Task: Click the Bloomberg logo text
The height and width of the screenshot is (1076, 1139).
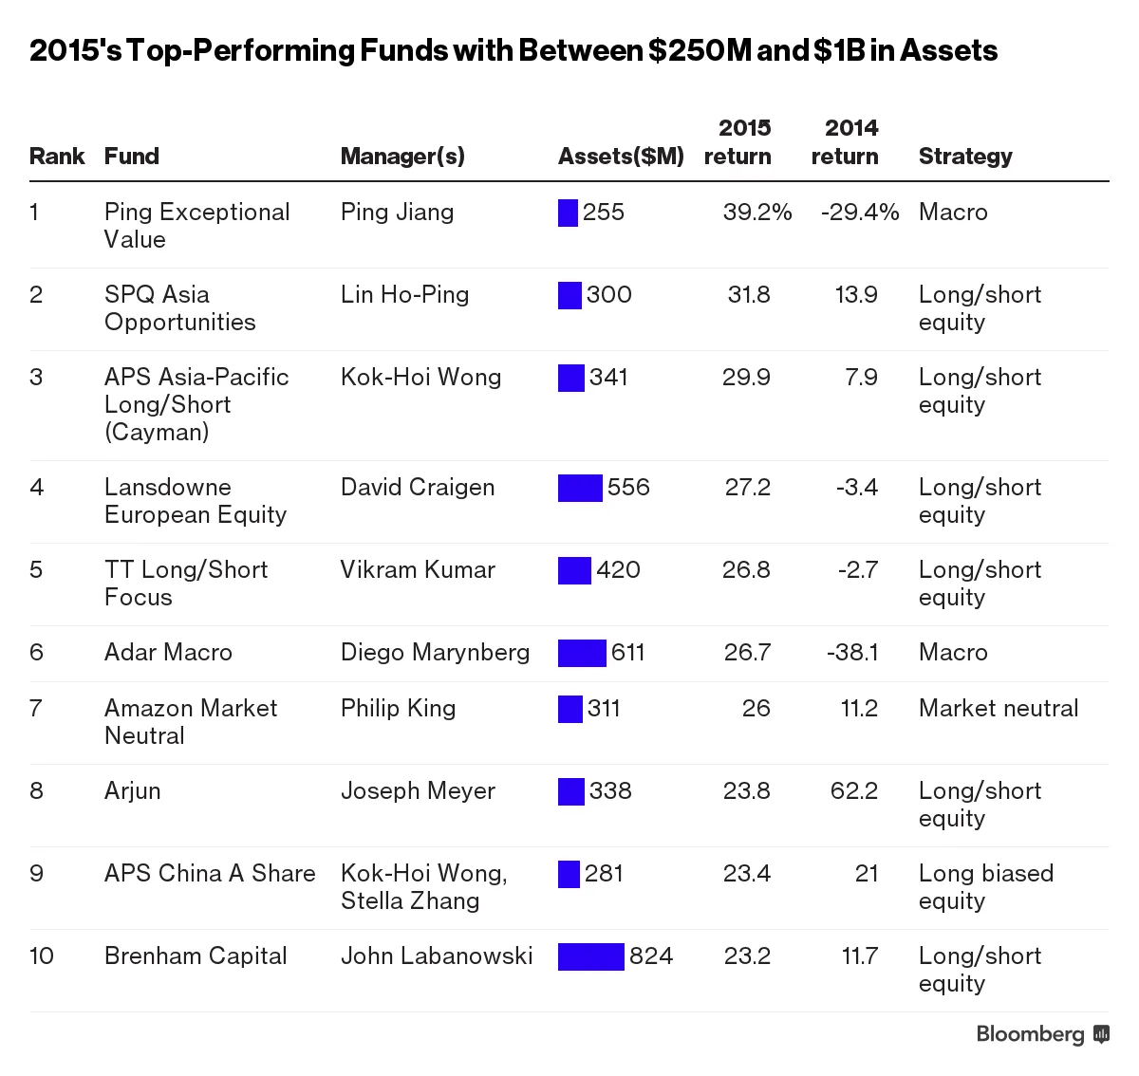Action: coord(1030,1034)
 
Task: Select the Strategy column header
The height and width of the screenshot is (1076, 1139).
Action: coord(965,157)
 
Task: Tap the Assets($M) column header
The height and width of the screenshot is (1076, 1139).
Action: coord(621,157)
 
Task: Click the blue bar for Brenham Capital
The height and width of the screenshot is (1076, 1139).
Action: coord(590,956)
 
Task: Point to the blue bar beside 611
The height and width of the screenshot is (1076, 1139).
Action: coord(582,653)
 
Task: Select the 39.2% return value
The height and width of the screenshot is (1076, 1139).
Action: coord(756,213)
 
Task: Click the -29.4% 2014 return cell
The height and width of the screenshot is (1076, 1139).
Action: coord(859,213)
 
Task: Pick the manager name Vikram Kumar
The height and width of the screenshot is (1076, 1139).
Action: coord(418,570)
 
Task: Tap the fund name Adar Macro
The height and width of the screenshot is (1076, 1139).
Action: coord(168,653)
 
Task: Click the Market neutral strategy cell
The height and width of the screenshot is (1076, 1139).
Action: coord(999,709)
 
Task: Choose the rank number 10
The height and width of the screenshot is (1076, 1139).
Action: coord(42,956)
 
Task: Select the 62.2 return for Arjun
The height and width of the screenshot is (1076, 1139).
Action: coord(853,791)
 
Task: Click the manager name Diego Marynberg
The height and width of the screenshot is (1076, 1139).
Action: coord(435,653)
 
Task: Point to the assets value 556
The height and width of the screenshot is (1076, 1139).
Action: coord(628,488)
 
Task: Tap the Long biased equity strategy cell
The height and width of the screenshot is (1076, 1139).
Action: coord(985,887)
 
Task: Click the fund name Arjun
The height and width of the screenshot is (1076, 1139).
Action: coord(132,791)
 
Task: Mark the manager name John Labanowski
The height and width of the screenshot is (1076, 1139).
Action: coord(437,956)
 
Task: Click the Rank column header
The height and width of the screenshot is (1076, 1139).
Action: coord(57,157)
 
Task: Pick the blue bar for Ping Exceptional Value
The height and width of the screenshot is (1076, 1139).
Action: coord(568,213)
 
